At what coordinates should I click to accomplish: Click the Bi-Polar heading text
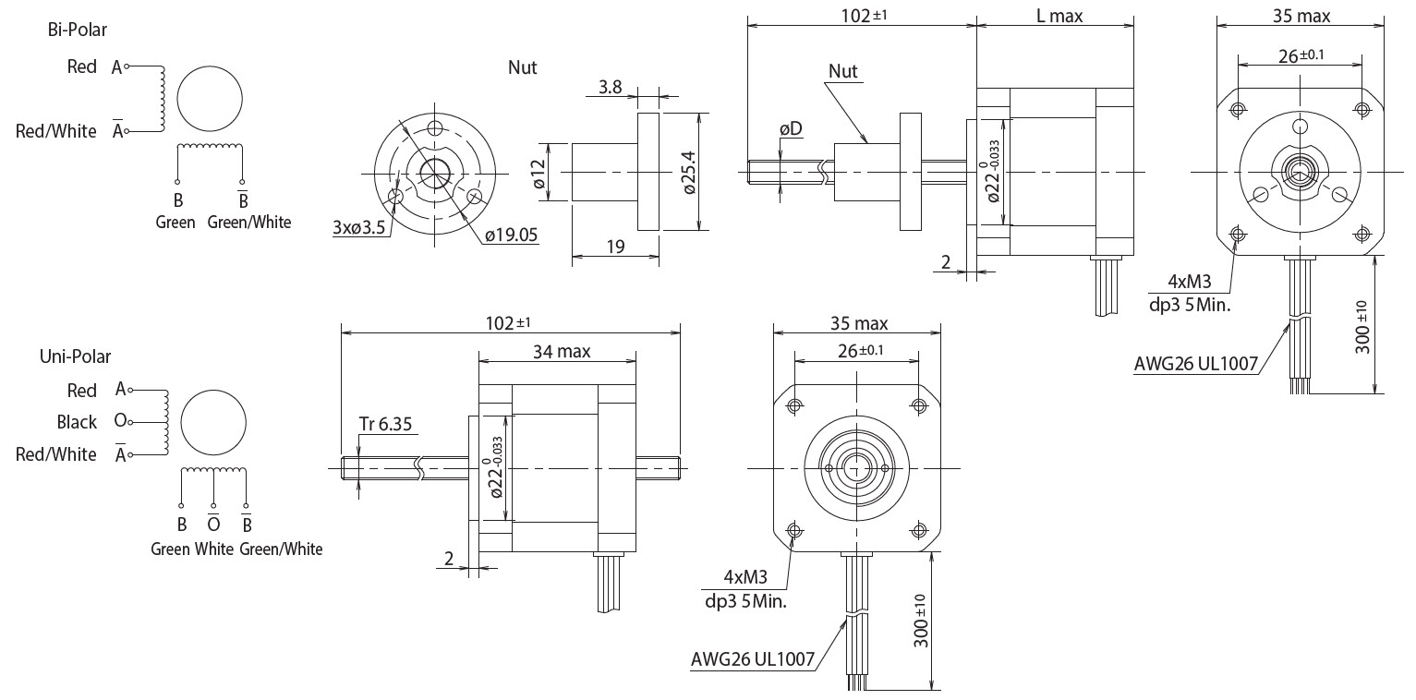(x=78, y=30)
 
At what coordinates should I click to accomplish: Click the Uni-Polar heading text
(x=81, y=356)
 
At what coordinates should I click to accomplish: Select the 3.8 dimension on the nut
(x=611, y=88)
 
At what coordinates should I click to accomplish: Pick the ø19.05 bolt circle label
(x=510, y=235)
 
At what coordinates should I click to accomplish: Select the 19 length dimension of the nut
(x=615, y=247)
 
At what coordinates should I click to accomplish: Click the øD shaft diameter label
(x=791, y=128)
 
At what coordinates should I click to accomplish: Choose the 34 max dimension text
(x=561, y=351)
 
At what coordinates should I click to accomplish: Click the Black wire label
(x=77, y=422)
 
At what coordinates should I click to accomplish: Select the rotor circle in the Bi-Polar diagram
(x=210, y=99)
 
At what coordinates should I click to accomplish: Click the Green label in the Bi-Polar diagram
(x=175, y=223)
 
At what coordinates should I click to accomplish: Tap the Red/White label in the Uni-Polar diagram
(x=56, y=454)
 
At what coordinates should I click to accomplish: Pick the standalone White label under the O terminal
(x=214, y=549)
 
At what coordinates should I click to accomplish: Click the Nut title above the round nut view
(x=522, y=67)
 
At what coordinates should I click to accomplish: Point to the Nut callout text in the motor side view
(x=842, y=71)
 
